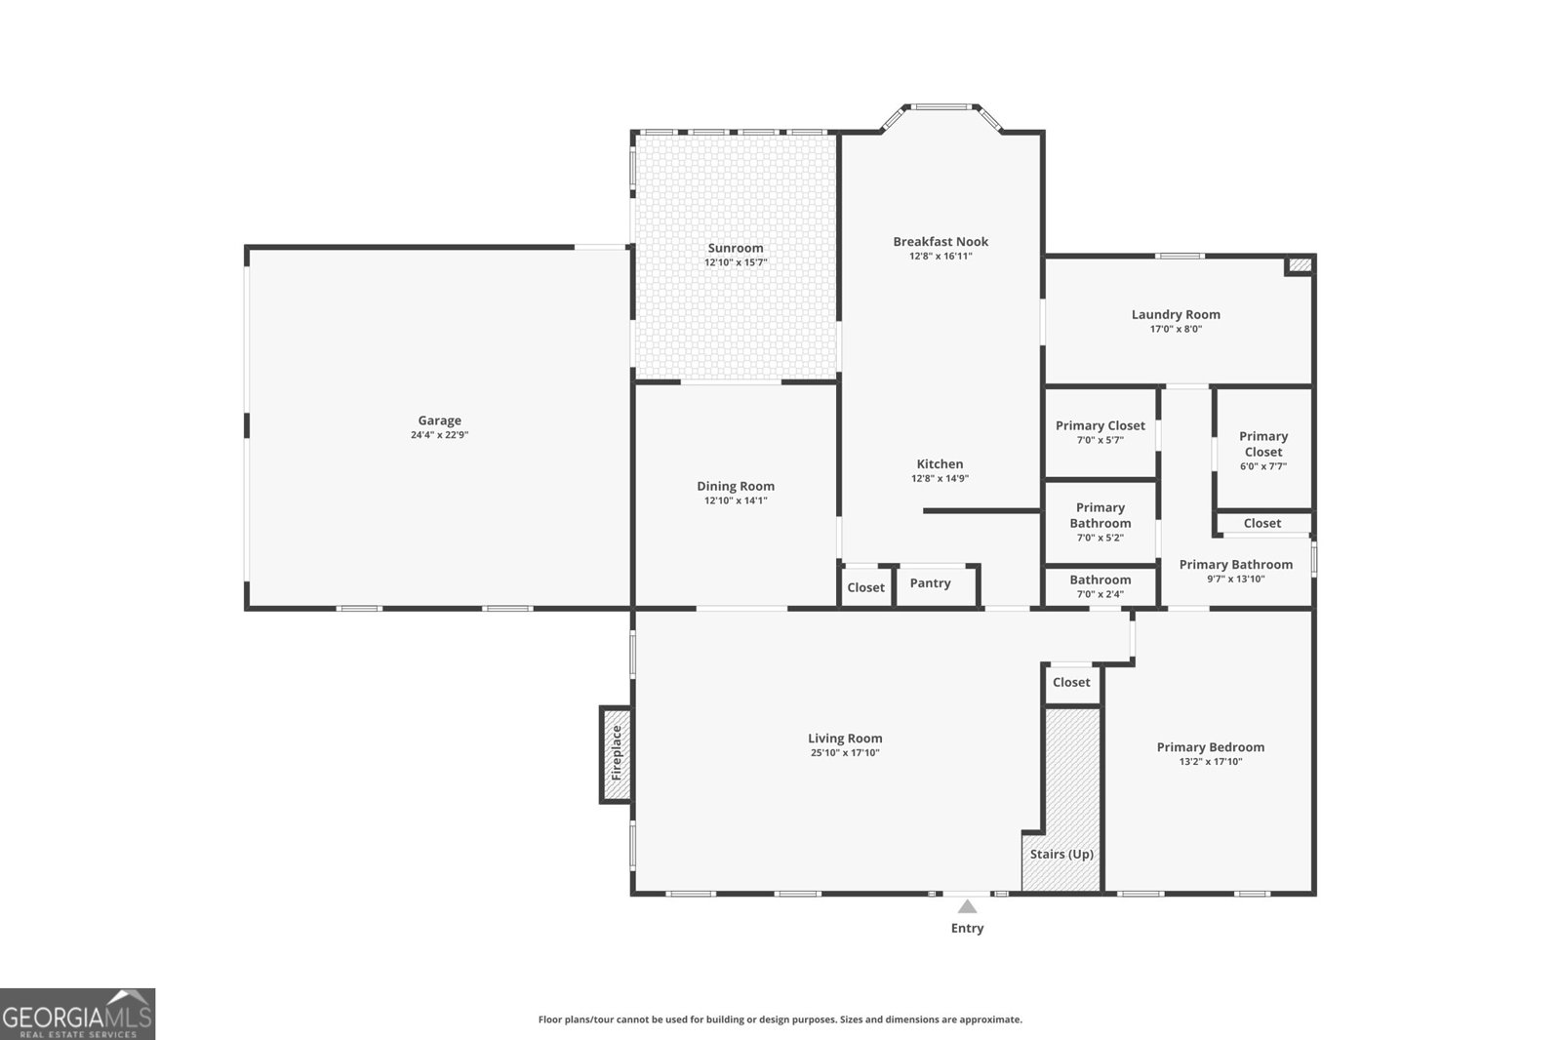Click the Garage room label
pos(439,420)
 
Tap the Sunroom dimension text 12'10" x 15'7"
pos(736,262)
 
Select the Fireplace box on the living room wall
pos(616,754)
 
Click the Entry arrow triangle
pos(967,906)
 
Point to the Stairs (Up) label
pos(1061,854)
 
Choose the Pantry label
pos(930,582)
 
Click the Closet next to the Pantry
pos(865,587)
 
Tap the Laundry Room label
pos(1176,314)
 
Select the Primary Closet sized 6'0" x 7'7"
pos(1262,451)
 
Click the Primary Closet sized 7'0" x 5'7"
pos(1100,432)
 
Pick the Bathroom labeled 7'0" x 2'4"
pos(1100,585)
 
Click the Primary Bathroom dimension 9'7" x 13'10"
pos(1235,579)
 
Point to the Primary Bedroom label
pos(1210,747)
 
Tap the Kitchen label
pos(940,464)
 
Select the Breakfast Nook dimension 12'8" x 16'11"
pos(941,257)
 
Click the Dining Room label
pos(736,486)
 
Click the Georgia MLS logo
pos(77,1014)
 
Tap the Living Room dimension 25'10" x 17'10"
pos(845,753)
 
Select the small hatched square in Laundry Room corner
pos(1299,264)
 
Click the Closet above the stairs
pos(1071,682)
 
